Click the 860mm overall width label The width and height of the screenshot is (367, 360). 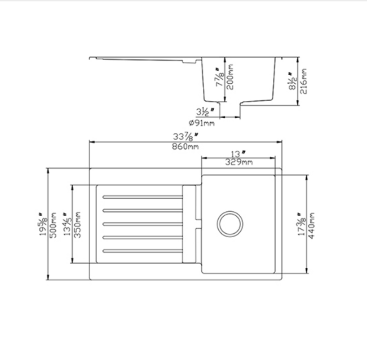pos(185,146)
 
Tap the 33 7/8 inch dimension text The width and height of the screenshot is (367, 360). pos(185,137)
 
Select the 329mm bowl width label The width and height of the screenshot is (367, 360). pos(238,162)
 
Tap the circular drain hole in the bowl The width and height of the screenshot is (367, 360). pos(230,224)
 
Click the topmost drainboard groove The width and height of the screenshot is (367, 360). pos(142,197)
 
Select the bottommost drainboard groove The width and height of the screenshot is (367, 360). pos(142,250)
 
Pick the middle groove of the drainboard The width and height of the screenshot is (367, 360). pos(142,223)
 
